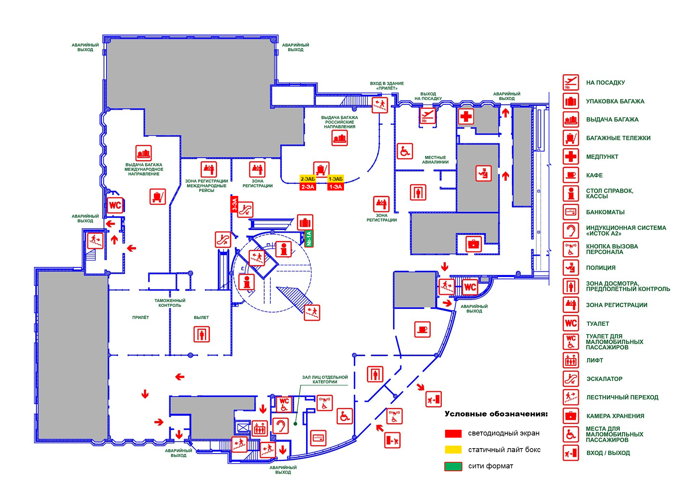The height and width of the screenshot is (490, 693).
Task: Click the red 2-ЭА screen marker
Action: [x=308, y=187]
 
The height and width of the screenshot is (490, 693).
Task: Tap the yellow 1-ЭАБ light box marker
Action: [x=335, y=179]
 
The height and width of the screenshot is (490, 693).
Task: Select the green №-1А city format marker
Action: [x=309, y=239]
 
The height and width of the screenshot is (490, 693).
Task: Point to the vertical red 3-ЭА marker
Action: [x=235, y=204]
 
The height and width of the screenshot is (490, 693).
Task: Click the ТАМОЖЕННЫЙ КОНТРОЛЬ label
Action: [x=170, y=303]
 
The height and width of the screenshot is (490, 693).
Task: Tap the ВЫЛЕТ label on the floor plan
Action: [x=201, y=318]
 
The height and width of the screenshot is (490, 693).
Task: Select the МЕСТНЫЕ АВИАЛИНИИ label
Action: [x=435, y=160]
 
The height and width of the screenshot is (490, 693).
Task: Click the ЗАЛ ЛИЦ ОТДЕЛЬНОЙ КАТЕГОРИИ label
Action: [x=325, y=379]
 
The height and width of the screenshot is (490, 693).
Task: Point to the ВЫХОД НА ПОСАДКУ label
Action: [x=428, y=96]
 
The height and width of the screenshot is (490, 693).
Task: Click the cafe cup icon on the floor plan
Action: [x=422, y=329]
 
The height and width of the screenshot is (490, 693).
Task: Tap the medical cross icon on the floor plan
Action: [x=466, y=116]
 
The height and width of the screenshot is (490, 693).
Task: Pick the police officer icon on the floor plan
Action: [x=483, y=174]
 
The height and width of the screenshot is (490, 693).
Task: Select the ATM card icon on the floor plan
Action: [x=318, y=438]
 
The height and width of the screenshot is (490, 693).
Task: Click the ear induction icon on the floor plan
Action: [x=280, y=426]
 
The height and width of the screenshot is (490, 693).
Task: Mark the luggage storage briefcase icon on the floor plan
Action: [x=473, y=244]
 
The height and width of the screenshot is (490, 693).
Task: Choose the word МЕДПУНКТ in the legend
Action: [x=602, y=157]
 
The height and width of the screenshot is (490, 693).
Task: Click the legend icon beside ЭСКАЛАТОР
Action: [x=571, y=379]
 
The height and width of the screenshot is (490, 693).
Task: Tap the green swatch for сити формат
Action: [x=453, y=466]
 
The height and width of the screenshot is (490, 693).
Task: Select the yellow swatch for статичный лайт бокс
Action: [x=453, y=450]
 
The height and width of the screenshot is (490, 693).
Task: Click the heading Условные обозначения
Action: [x=496, y=414]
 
